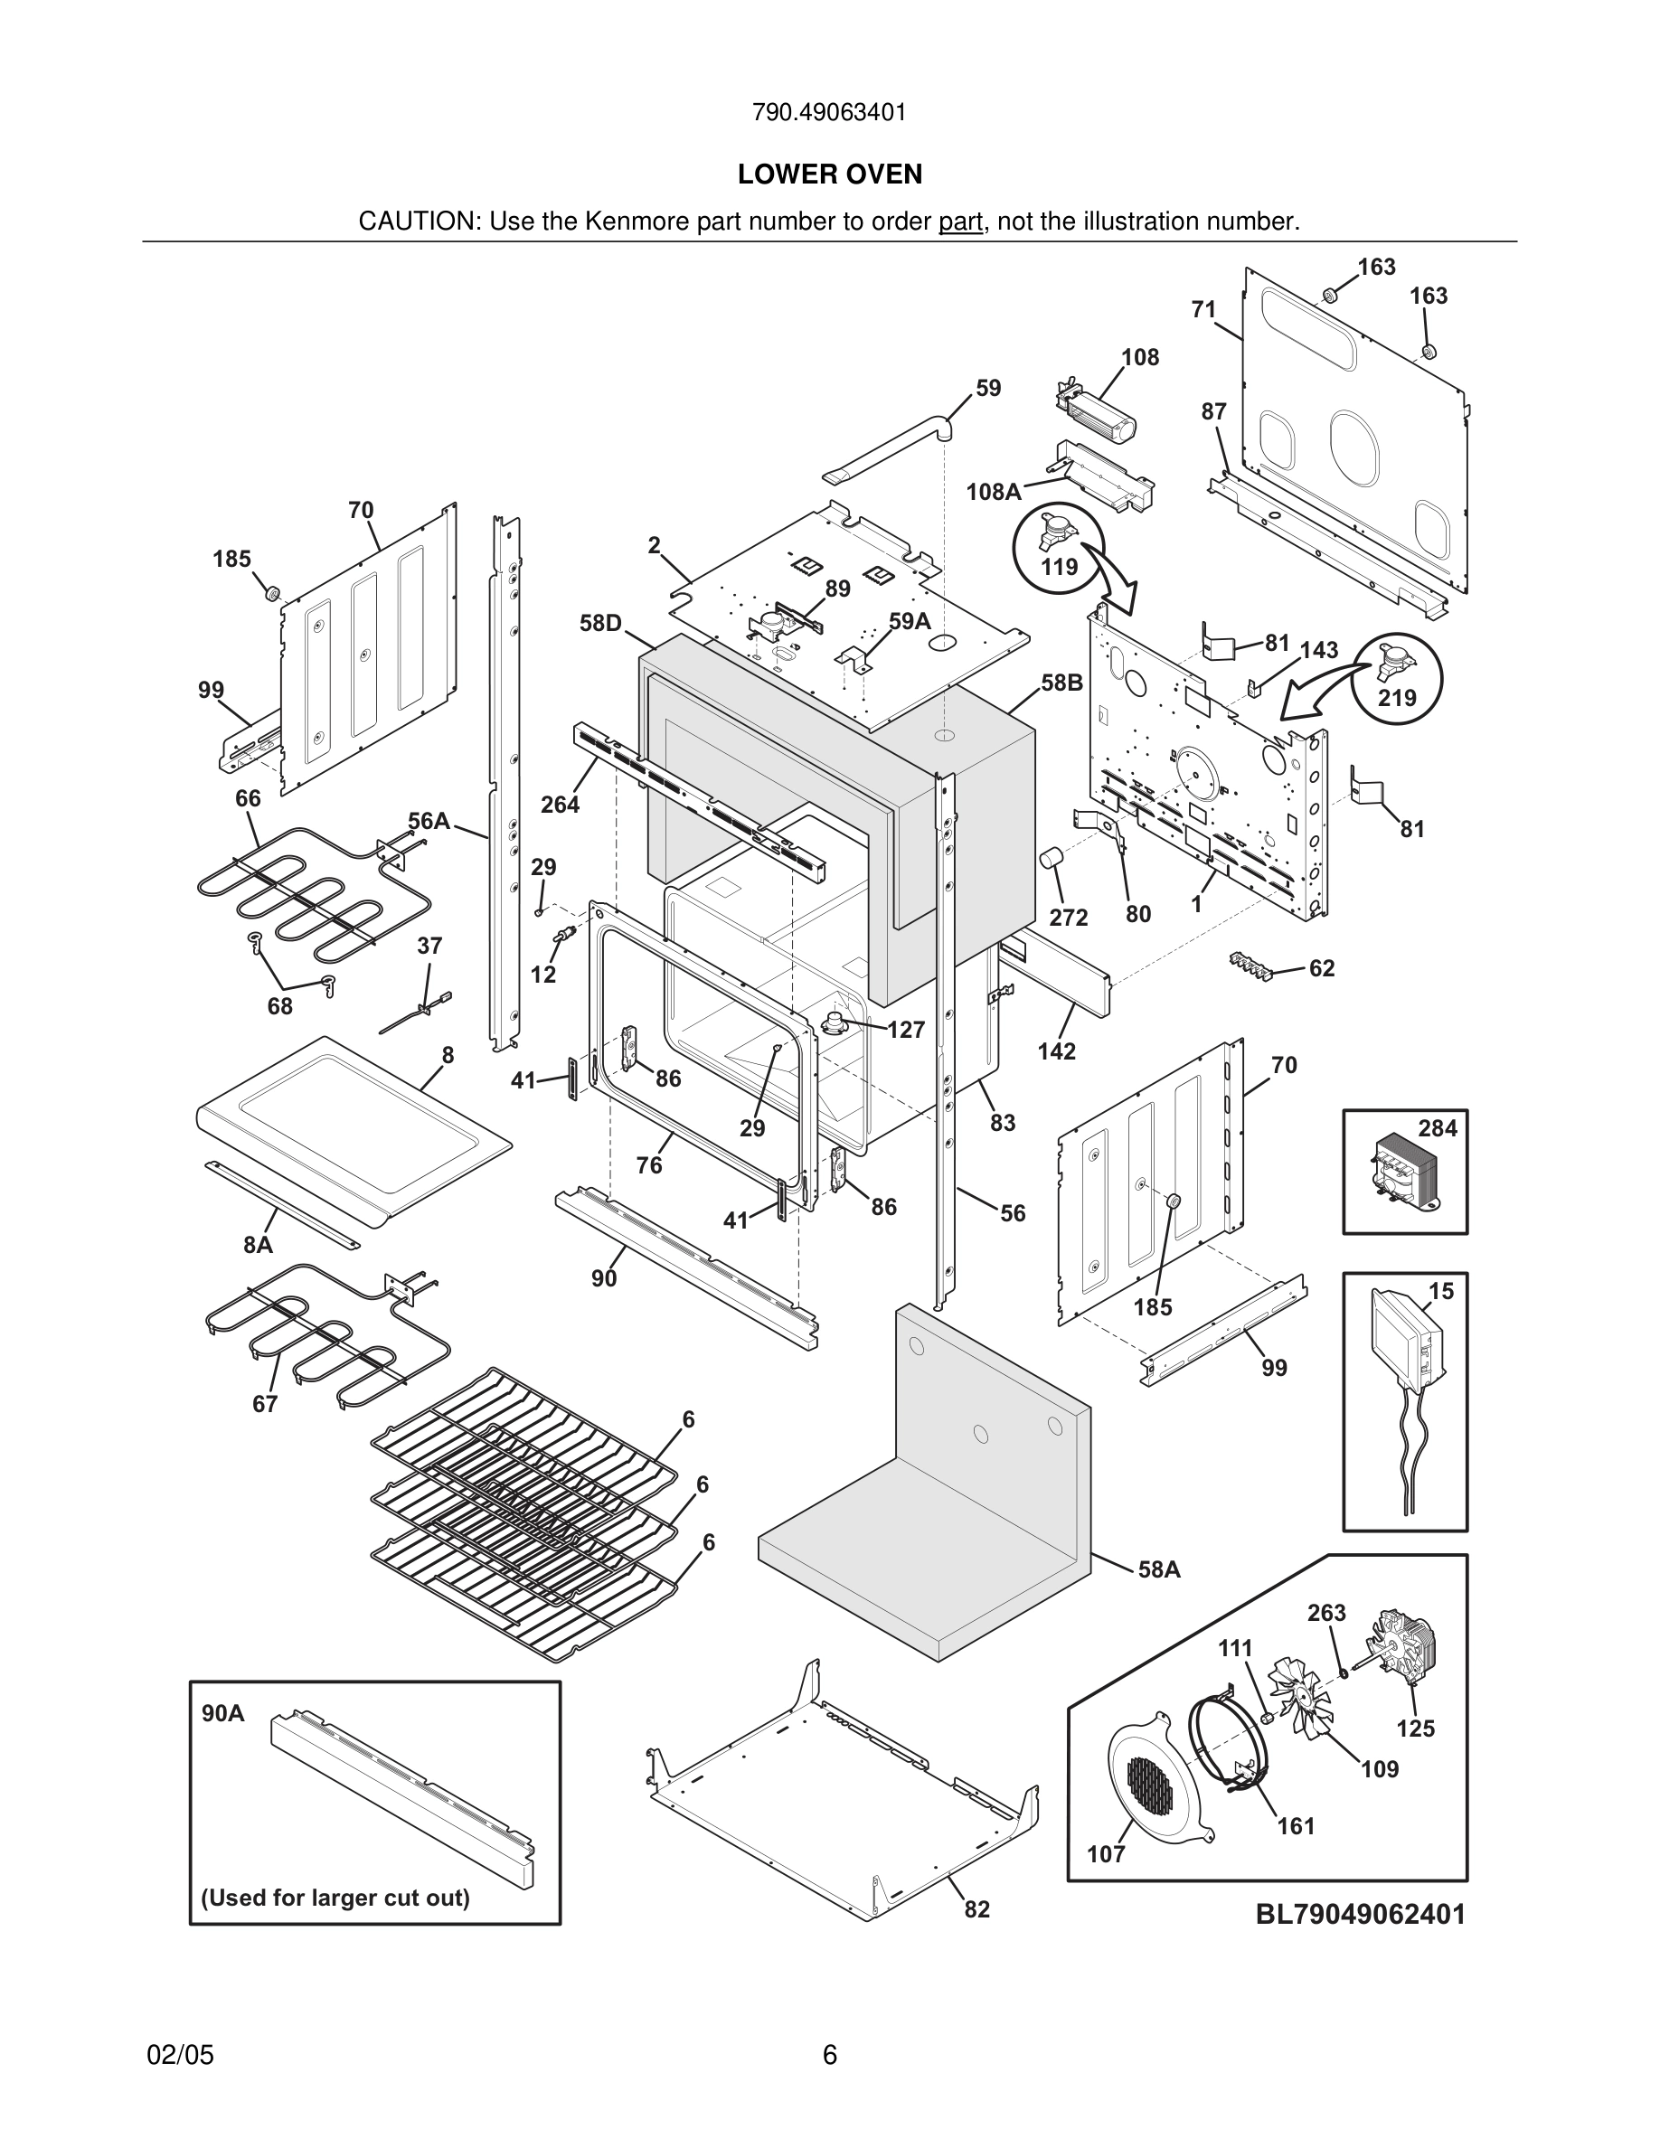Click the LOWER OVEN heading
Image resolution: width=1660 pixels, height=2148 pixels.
pos(829,174)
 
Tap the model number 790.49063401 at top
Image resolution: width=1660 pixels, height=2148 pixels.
pos(829,112)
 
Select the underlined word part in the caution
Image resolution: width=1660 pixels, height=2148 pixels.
pos(960,222)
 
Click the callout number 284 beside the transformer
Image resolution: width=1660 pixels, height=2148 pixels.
pos(1437,1128)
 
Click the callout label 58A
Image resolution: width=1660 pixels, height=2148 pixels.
pos(1158,1569)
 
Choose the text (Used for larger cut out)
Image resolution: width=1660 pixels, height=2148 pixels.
pos(335,1898)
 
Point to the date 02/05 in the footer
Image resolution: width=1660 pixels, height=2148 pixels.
pos(180,2055)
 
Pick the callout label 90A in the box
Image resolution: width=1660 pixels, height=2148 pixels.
pos(223,1713)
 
